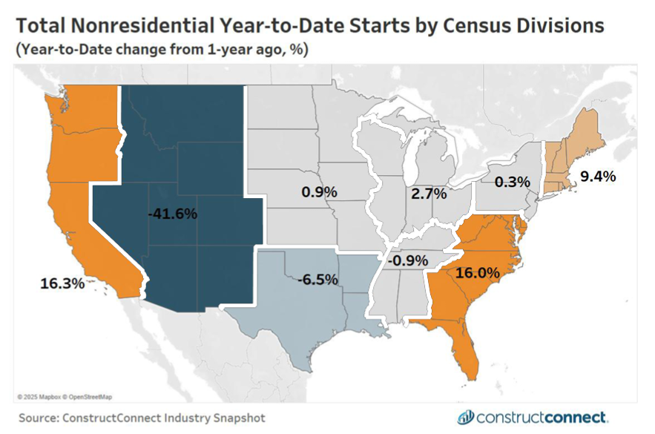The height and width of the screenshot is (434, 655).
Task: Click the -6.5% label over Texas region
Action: point(318,280)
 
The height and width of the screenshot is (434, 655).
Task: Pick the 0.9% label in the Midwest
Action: point(319,191)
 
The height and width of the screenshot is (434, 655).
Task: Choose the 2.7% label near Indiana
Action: point(429,194)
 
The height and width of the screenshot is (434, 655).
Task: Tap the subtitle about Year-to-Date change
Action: point(162,50)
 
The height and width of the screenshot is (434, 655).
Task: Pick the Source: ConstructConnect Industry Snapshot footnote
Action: point(142,418)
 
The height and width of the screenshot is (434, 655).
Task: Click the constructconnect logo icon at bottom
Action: point(466,416)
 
